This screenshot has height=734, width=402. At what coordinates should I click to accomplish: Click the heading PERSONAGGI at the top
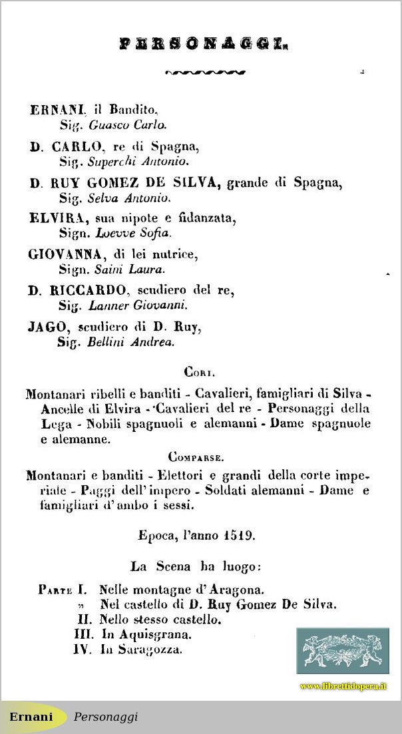point(203,45)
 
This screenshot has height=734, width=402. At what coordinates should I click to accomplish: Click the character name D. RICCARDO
point(77,291)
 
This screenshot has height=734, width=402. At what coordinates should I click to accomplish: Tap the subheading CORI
point(199,373)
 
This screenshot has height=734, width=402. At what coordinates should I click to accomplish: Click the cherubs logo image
point(343,651)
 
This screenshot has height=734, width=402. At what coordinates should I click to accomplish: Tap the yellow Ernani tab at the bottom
point(31,717)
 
